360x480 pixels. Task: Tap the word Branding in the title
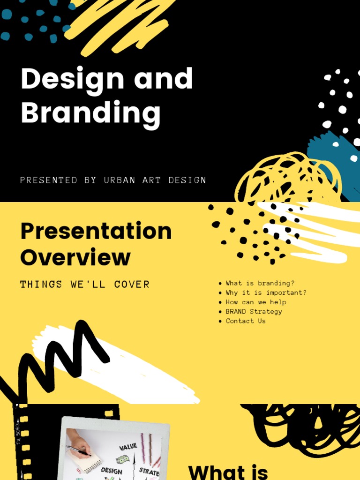90,113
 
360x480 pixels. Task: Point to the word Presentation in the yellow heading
96,231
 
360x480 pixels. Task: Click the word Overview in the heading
75,257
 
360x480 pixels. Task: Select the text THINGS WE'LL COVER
85,284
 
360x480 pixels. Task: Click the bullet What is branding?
260,283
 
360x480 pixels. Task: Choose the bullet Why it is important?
266,292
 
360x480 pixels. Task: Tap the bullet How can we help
255,302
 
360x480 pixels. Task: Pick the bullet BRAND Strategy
254,311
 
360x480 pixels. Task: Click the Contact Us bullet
246,321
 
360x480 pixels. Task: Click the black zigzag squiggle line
56,356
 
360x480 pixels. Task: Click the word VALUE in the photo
127,447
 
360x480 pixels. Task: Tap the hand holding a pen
78,443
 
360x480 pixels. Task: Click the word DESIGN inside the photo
112,470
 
